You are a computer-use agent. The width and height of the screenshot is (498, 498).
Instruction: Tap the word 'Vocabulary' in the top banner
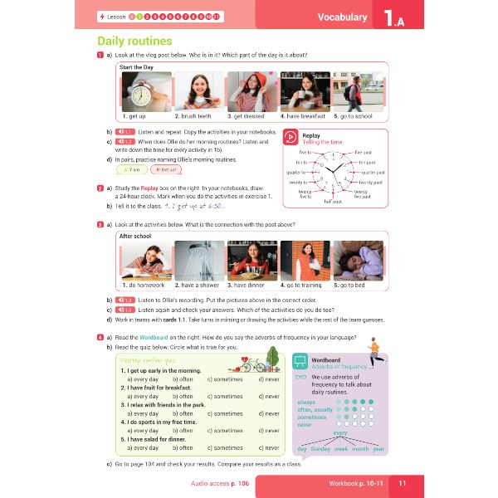[342, 17]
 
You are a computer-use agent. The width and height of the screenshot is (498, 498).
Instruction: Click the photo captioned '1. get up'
[147, 91]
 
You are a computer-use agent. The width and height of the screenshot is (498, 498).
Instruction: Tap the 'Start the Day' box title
[137, 66]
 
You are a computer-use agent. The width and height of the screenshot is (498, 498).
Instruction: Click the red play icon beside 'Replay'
[291, 138]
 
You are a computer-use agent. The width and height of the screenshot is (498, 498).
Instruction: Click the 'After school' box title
[135, 236]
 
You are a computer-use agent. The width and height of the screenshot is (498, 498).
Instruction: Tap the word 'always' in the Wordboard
[306, 402]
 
